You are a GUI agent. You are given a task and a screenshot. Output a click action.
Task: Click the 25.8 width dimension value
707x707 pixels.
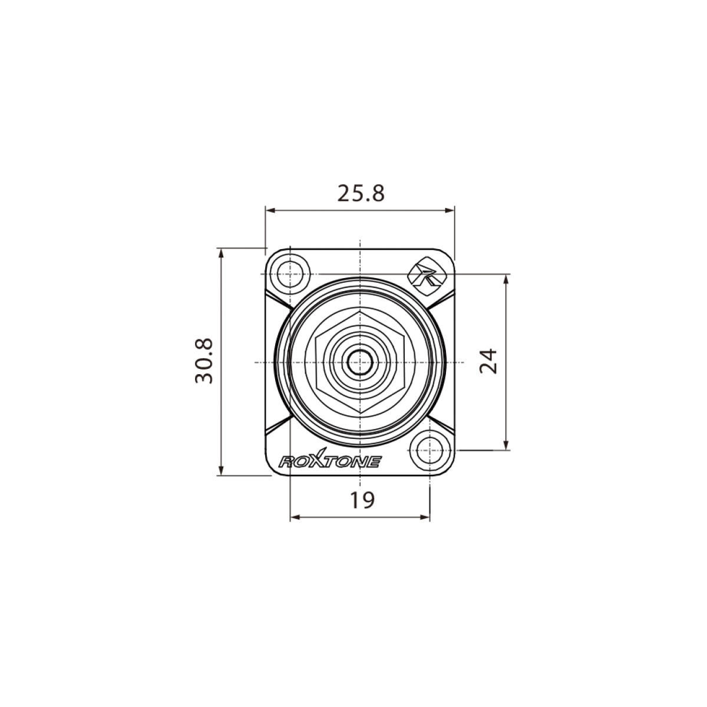click(x=361, y=193)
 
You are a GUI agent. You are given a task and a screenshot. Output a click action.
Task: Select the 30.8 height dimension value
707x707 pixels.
click(x=204, y=361)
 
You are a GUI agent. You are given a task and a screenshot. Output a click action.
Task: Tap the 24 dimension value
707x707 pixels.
click(x=488, y=362)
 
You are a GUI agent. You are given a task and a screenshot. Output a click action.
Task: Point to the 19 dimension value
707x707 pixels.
click(x=362, y=500)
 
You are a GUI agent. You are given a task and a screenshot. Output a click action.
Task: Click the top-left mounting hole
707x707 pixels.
click(x=290, y=274)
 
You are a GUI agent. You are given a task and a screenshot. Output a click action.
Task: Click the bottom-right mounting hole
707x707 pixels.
click(x=430, y=450)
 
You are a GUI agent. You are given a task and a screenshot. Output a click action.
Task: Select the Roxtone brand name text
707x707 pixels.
click(x=330, y=460)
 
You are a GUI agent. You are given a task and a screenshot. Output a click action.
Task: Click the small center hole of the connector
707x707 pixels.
click(x=361, y=362)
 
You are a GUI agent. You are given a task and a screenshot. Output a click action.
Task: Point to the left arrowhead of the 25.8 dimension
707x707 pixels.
click(x=270, y=210)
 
